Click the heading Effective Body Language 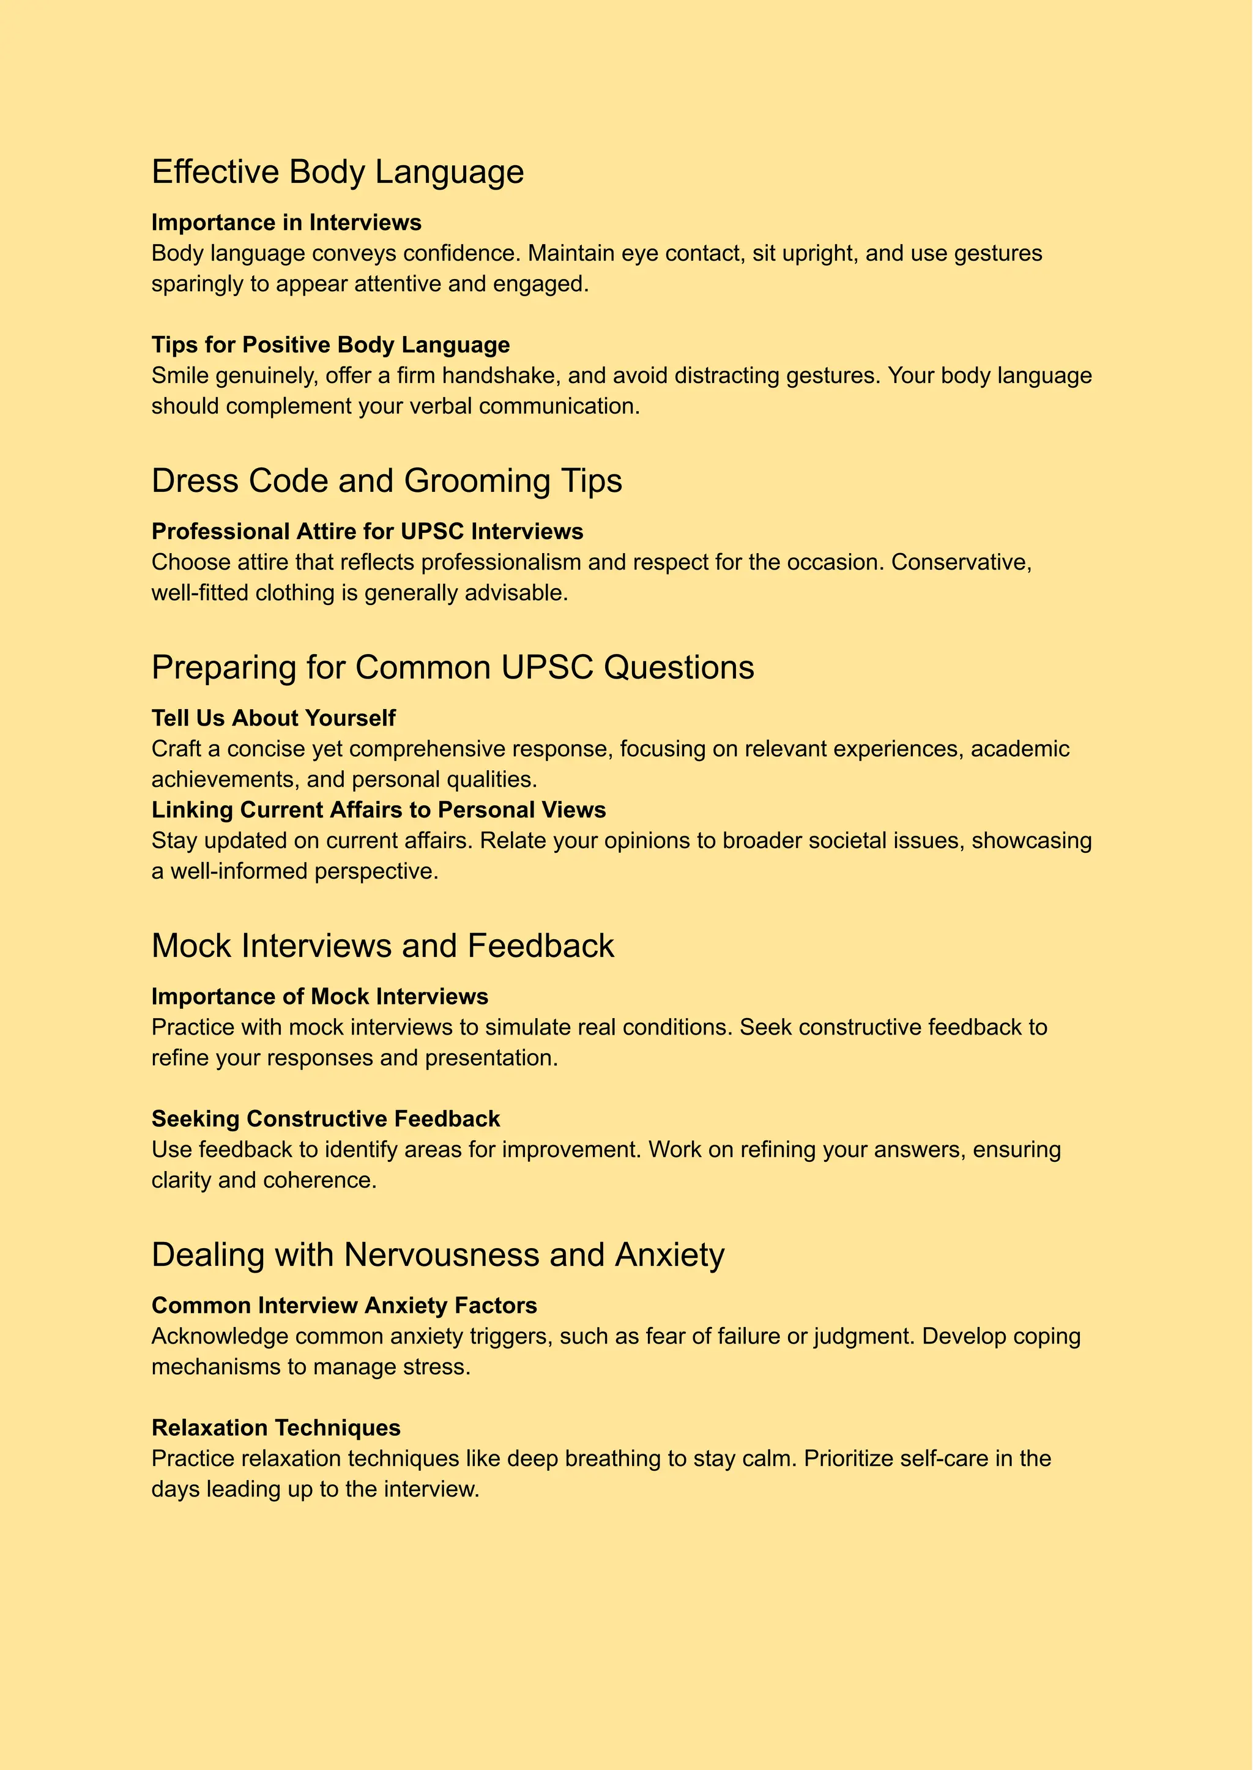[x=337, y=171]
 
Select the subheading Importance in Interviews [x=286, y=222]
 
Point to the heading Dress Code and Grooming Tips [x=387, y=481]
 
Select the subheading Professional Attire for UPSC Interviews [x=367, y=532]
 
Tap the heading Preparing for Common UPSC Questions [x=452, y=667]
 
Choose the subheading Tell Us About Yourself [x=273, y=718]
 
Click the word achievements [x=225, y=779]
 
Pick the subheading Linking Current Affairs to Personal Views [x=378, y=809]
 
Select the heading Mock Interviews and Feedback [x=382, y=946]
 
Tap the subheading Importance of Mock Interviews [x=319, y=996]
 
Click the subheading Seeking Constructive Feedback [x=325, y=1119]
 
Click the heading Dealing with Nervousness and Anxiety [x=437, y=1255]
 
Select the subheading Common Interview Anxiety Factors [x=344, y=1306]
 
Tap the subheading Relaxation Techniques [x=275, y=1427]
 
